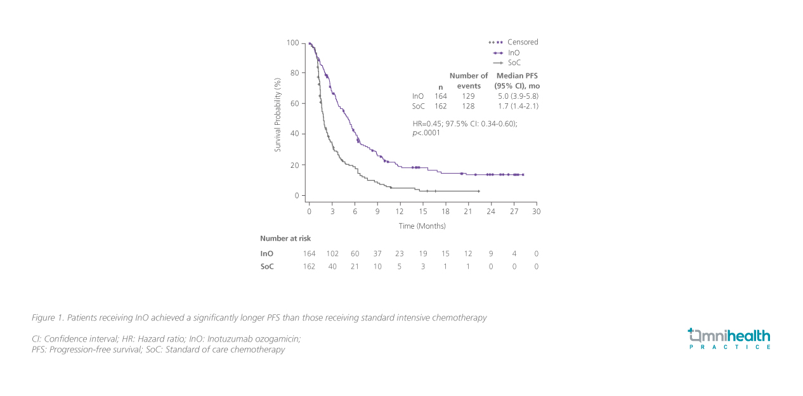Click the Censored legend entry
[x=522, y=42]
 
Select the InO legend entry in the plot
[x=514, y=53]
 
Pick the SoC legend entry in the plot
[x=514, y=63]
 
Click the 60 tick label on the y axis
[x=294, y=103]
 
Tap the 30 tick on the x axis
[x=536, y=211]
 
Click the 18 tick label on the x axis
[x=445, y=211]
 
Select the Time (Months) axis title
[x=422, y=226]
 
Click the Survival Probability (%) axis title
[x=277, y=115]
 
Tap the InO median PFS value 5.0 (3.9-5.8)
[x=518, y=96]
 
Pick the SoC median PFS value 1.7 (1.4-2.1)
[x=518, y=106]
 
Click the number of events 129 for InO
[x=468, y=96]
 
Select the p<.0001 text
[x=426, y=133]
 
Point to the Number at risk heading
[x=285, y=238]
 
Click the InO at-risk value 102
[x=332, y=253]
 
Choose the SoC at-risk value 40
[x=332, y=266]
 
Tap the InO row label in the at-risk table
[x=266, y=253]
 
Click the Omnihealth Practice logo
[x=729, y=338]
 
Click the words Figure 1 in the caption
[x=48, y=317]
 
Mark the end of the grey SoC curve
[x=478, y=191]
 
